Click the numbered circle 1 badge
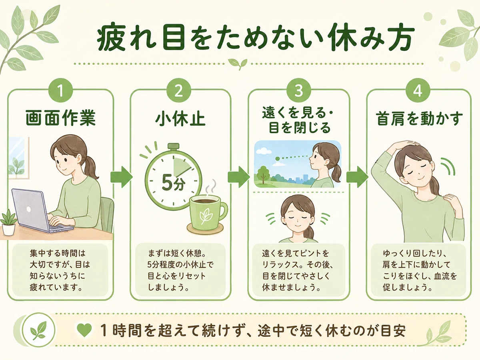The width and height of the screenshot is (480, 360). click(x=60, y=90)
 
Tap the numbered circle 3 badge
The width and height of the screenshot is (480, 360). click(x=298, y=90)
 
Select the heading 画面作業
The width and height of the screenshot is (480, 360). click(x=61, y=119)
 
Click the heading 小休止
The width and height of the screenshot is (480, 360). click(x=180, y=119)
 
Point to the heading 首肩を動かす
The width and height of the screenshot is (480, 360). click(x=420, y=119)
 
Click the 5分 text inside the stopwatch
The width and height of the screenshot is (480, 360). click(x=174, y=183)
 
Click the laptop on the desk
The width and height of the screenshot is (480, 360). click(x=40, y=210)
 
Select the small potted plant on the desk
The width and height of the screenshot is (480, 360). click(x=8, y=222)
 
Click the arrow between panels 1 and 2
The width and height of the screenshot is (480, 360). click(x=122, y=177)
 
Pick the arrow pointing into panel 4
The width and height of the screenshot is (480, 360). click(x=357, y=177)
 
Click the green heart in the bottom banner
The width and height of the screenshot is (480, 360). click(x=84, y=330)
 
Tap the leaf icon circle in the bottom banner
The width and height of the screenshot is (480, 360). click(x=38, y=330)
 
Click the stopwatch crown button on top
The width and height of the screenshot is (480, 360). click(x=174, y=147)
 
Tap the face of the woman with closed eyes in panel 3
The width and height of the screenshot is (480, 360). click(x=298, y=221)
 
